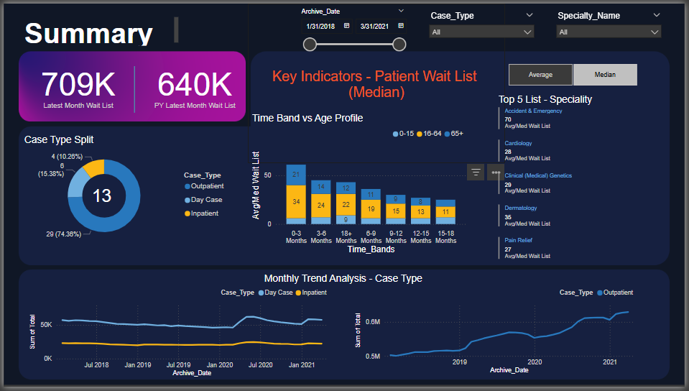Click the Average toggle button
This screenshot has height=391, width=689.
(x=540, y=75)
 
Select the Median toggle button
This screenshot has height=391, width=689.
(x=604, y=75)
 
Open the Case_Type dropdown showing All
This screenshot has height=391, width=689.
(x=481, y=32)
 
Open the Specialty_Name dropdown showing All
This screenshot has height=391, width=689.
(x=609, y=32)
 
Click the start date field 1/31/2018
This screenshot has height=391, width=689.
(x=321, y=27)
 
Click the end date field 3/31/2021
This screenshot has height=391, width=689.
(x=374, y=27)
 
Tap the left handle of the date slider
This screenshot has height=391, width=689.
(x=310, y=45)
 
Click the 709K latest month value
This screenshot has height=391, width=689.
(x=78, y=85)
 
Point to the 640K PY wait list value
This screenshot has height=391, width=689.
(x=195, y=85)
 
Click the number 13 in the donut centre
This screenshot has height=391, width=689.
(x=102, y=195)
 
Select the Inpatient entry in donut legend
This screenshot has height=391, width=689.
(x=204, y=213)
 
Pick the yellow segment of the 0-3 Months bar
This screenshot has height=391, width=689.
(x=296, y=201)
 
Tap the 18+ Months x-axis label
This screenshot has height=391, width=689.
(x=346, y=236)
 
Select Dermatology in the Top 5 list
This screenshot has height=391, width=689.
(x=521, y=208)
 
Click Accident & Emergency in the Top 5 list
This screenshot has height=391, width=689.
(x=533, y=111)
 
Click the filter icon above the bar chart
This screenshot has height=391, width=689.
(x=476, y=172)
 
